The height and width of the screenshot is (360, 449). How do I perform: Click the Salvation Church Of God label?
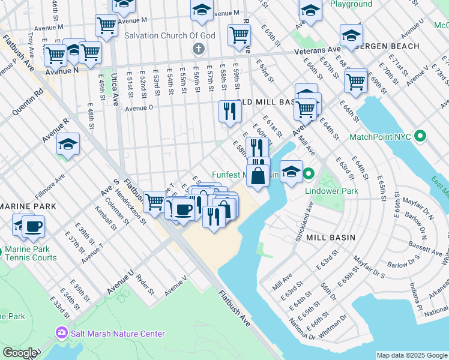tap(169, 35)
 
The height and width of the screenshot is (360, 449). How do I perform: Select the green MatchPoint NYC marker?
tap(420, 136)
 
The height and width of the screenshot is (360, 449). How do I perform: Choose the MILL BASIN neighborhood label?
tap(330, 238)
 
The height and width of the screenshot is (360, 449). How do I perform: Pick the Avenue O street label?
tap(139, 108)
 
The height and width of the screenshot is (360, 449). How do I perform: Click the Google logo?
tap(20, 353)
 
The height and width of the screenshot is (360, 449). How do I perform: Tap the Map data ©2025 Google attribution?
tap(412, 355)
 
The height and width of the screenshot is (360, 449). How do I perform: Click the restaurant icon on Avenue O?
tap(230, 111)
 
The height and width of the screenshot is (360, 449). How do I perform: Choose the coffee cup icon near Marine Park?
tap(34, 227)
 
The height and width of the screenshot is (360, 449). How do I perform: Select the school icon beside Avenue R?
tap(68, 145)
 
